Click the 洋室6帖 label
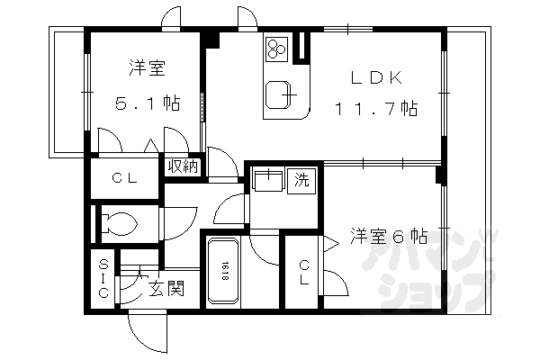(x=389, y=237)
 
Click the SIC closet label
(x=103, y=279)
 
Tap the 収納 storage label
(x=184, y=166)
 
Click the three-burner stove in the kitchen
(x=275, y=48)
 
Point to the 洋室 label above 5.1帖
(x=144, y=67)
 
